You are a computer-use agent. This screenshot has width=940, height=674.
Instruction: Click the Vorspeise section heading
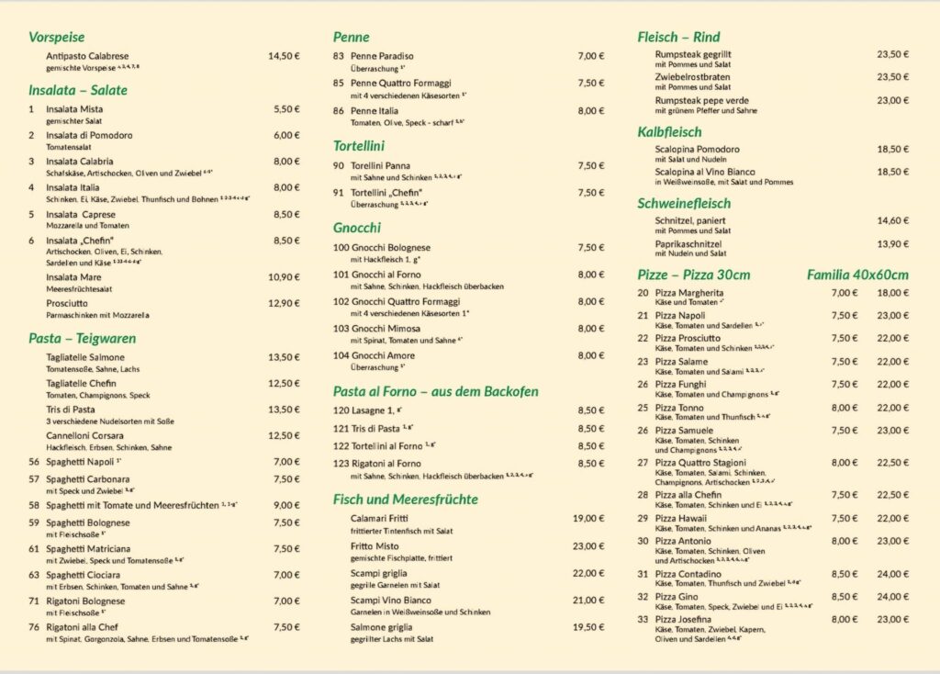pos(56,38)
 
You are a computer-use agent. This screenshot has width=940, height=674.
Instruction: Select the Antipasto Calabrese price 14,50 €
pos(284,56)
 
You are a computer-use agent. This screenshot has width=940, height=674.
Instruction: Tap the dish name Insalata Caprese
pos(81,214)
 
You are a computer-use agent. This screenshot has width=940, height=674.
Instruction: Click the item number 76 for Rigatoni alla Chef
pos(34,627)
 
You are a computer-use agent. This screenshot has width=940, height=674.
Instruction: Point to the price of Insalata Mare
pos(284,276)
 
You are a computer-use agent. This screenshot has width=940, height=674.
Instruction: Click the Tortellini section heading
pos(359,146)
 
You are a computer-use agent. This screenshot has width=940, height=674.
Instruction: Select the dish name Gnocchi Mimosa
pos(390,328)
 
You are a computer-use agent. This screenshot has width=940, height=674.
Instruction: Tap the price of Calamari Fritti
pos(588,519)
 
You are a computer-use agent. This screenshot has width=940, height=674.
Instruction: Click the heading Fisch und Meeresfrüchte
pos(406,500)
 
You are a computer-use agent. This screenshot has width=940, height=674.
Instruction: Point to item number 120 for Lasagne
pos(341,410)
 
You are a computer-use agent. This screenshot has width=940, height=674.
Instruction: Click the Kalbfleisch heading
pos(669,132)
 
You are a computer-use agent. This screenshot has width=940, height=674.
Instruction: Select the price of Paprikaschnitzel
pos(893,244)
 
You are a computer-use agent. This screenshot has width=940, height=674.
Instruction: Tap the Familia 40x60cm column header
pos(857,275)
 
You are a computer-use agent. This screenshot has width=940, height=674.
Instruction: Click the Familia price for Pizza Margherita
pos(892,293)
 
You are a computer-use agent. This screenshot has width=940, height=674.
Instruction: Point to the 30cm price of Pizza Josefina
pos(845,619)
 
